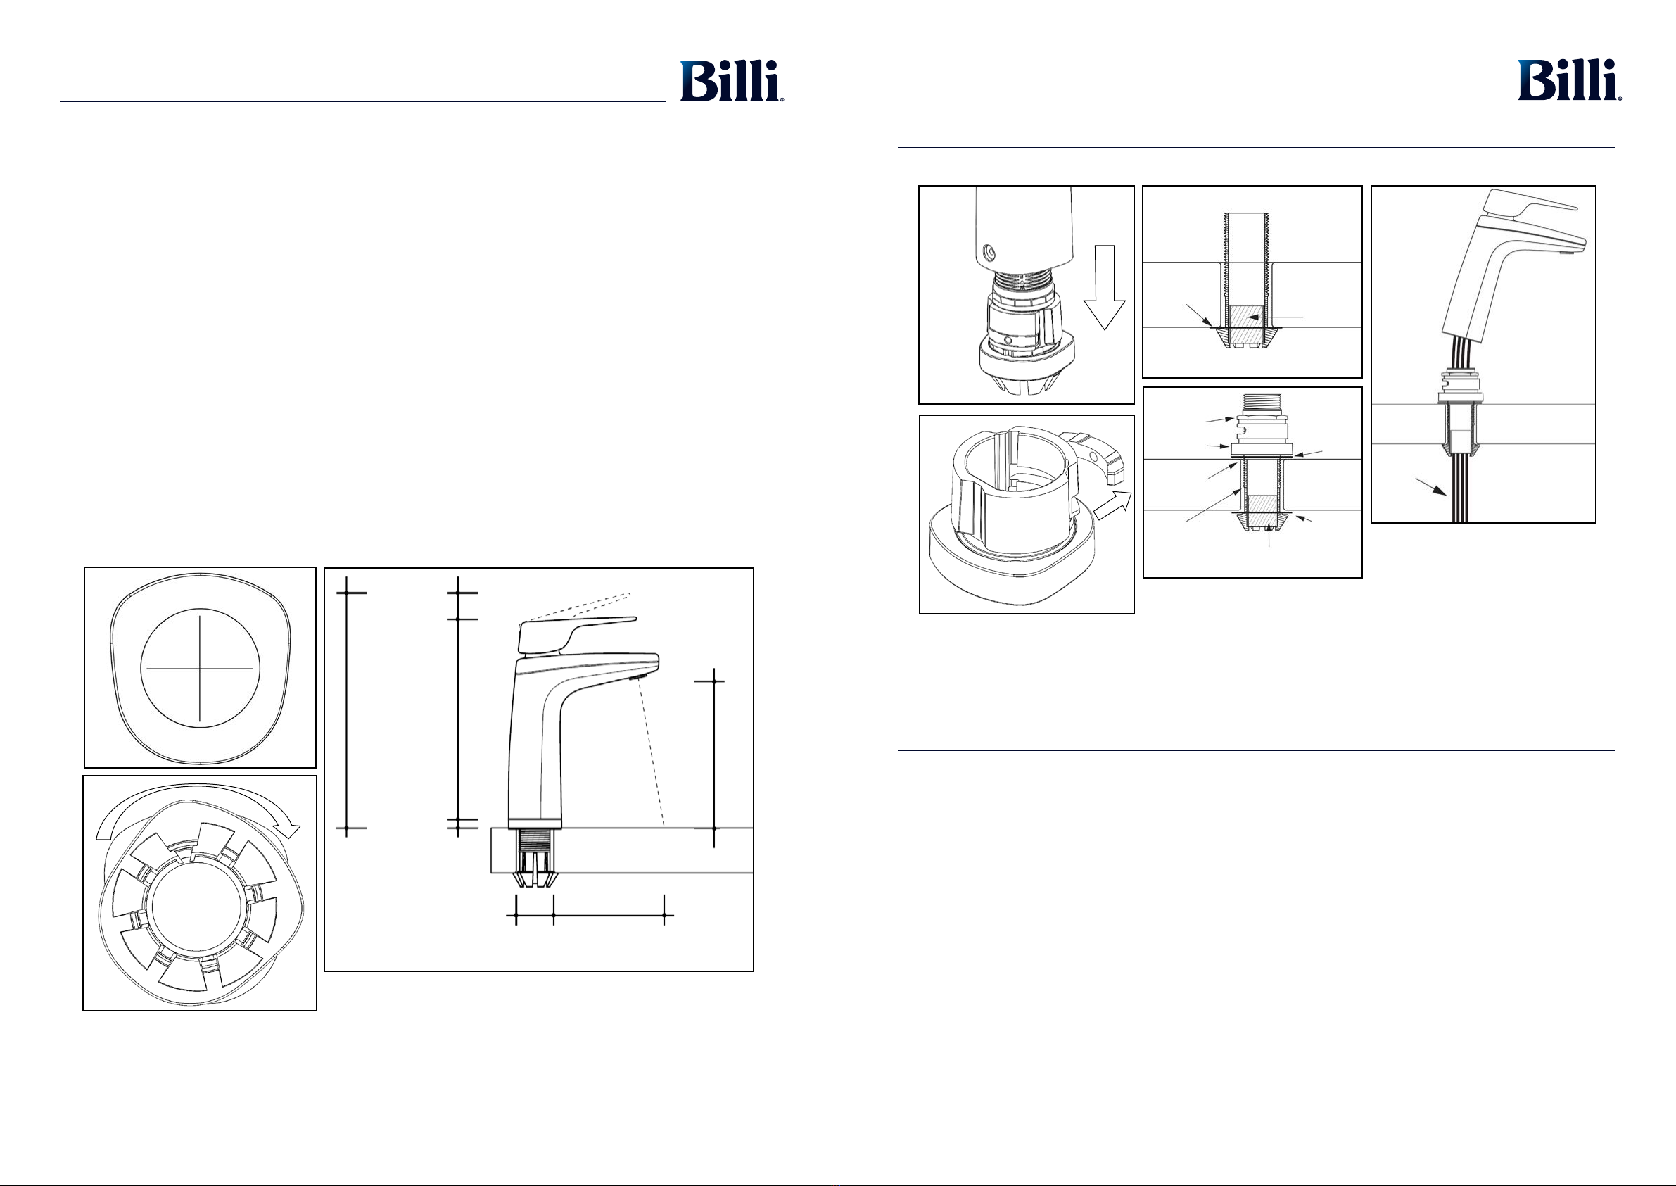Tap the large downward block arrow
[1105, 287]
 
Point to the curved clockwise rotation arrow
[198, 808]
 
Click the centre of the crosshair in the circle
[200, 668]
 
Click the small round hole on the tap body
[989, 252]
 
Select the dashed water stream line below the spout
[652, 753]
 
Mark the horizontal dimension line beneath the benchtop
[590, 914]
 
